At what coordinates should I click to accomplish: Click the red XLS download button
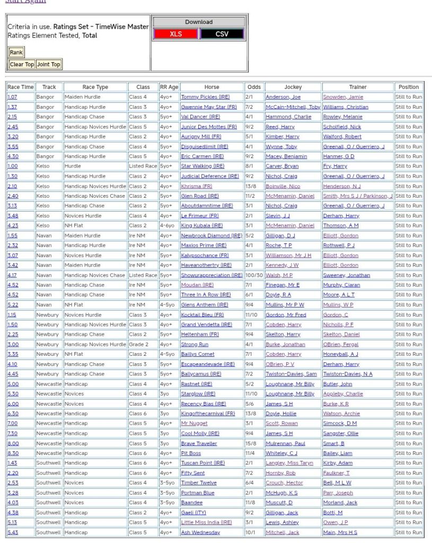point(175,34)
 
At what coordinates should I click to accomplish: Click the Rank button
point(16,52)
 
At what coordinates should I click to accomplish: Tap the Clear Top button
point(22,64)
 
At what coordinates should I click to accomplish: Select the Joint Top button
point(49,64)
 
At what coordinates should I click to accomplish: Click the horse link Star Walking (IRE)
point(202,166)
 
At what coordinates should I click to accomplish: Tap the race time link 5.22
point(13,305)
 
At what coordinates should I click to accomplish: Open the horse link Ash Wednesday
point(200,532)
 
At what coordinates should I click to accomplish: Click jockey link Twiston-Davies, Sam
point(291,374)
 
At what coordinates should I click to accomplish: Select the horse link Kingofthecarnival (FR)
point(208,414)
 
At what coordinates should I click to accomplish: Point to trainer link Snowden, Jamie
point(343,97)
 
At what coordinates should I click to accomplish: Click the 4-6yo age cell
point(169,225)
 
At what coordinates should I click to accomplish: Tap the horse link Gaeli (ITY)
point(193,513)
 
